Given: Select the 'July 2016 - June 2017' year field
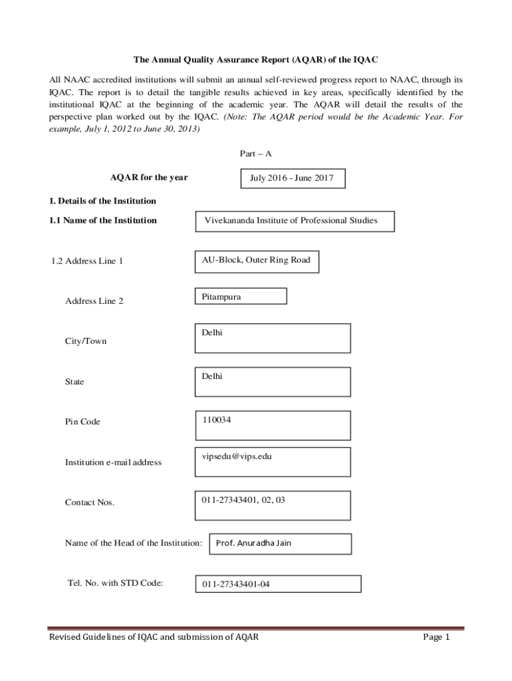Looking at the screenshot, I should [x=292, y=178].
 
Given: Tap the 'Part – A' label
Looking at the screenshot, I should [x=256, y=154].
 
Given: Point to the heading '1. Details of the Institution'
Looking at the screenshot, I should [x=102, y=201].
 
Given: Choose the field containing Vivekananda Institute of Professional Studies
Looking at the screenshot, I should [x=295, y=221].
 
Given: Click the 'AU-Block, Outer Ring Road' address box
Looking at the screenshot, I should [x=257, y=261].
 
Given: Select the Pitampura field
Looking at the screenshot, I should [x=241, y=297].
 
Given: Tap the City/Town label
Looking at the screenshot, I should [x=86, y=341].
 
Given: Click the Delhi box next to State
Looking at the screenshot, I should [x=273, y=380].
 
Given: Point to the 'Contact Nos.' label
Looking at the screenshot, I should [x=90, y=502].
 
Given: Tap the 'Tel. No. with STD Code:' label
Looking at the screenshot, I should [x=115, y=584].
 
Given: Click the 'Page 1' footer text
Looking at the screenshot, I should [x=437, y=638].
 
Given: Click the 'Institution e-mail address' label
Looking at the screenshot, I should [x=113, y=462].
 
